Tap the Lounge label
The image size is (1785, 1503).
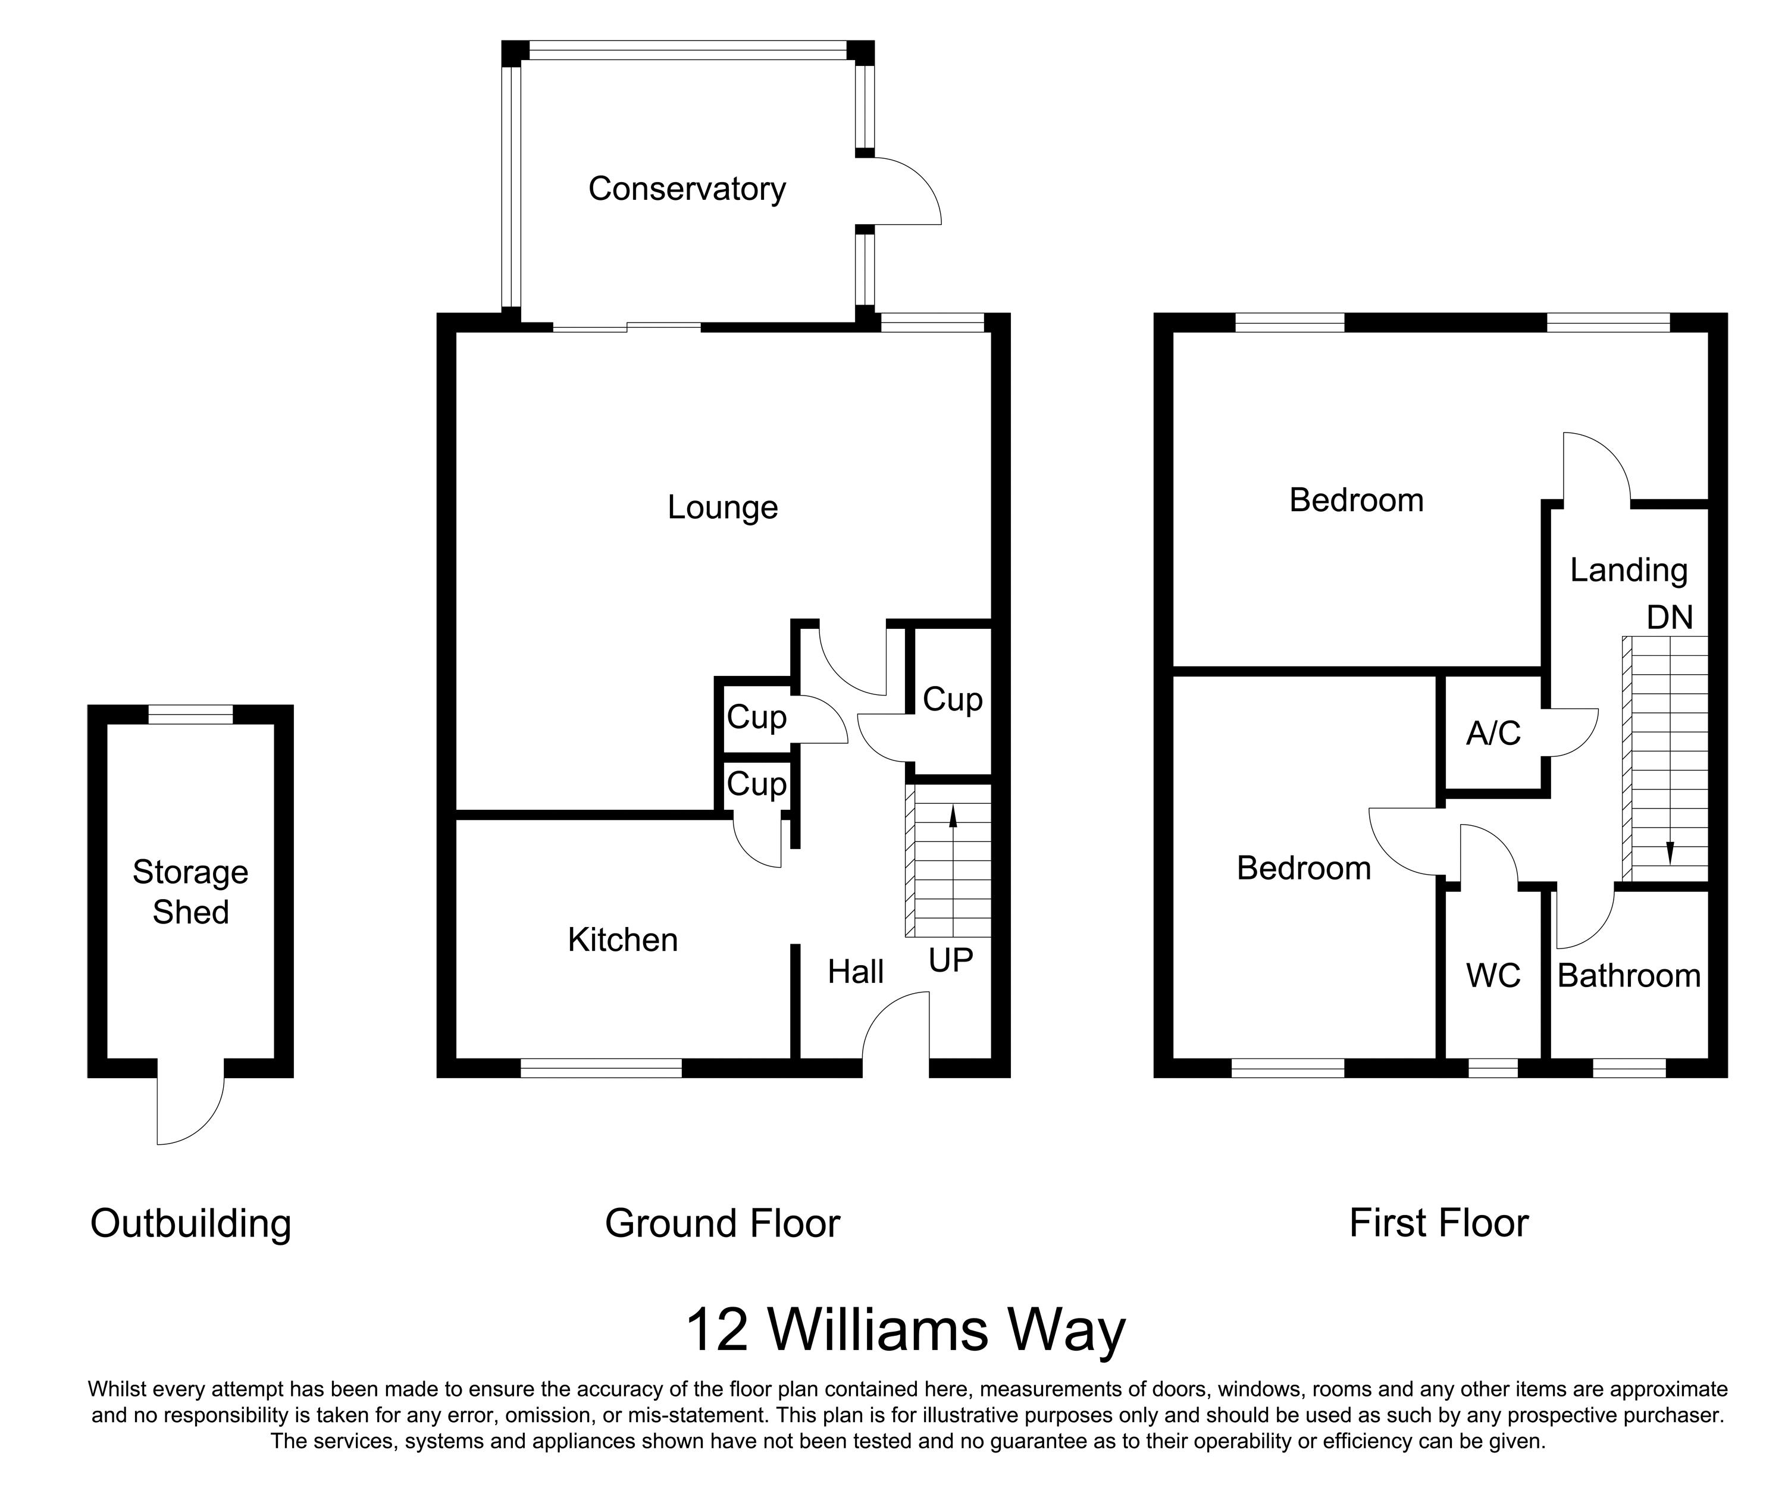click(722, 508)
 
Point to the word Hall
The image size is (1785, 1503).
click(856, 972)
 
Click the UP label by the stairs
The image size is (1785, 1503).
click(950, 960)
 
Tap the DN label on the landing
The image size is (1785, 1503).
click(1669, 618)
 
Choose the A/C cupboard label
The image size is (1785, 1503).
click(1493, 732)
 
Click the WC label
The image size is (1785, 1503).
click(1493, 976)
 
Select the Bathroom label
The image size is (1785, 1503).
click(1629, 976)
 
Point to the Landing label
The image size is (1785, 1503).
click(1629, 570)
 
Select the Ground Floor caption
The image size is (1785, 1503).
click(722, 1223)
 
